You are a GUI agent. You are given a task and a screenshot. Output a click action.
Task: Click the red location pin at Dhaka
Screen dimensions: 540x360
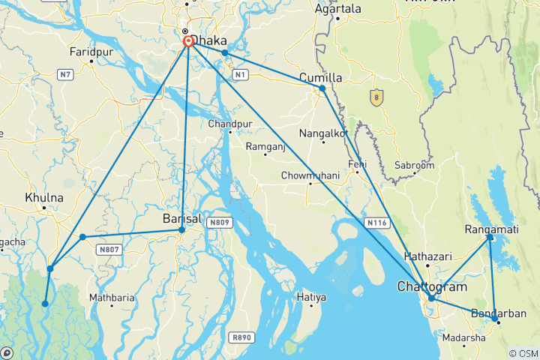[x=187, y=41]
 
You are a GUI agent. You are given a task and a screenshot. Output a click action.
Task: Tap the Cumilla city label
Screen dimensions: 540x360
[x=320, y=77]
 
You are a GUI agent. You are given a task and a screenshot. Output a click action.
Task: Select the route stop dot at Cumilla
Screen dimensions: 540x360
[x=322, y=88]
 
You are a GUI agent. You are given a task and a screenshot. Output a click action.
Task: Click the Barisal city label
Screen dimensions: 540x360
[x=182, y=219]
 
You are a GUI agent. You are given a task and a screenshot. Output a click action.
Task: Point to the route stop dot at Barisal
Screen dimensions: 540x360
[x=181, y=229]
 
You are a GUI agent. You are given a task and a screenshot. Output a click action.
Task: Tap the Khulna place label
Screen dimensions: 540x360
[x=44, y=198]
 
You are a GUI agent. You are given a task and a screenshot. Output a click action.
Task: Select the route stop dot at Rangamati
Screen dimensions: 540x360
[x=490, y=238]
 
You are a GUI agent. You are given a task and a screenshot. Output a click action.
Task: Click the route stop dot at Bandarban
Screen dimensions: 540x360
[x=496, y=319]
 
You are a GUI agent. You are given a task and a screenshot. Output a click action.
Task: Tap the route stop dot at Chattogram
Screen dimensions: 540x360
[x=431, y=298]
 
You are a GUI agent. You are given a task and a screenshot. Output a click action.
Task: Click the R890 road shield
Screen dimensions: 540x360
[x=241, y=337]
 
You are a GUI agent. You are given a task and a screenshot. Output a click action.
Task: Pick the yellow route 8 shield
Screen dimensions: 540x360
[x=376, y=97]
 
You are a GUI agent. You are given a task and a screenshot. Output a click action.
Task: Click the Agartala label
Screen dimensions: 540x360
[x=337, y=9]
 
